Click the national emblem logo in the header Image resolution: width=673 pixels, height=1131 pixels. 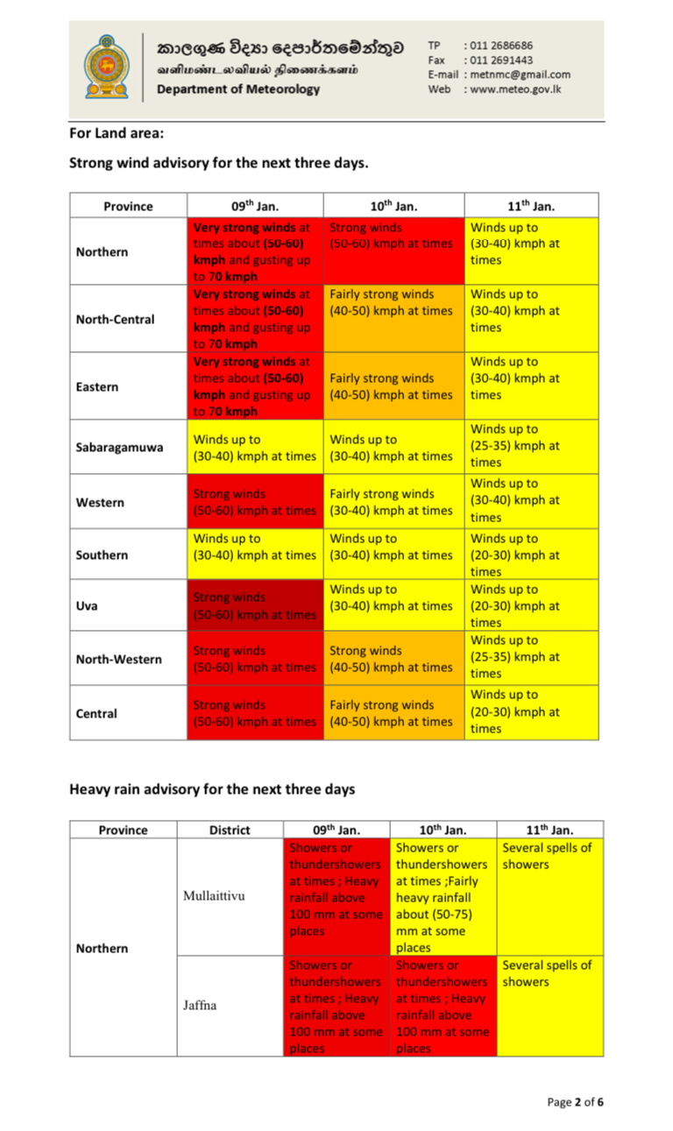pos(106,67)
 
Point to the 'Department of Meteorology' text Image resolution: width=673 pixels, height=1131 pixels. pos(238,88)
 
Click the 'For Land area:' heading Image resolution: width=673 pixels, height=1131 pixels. pos(117,133)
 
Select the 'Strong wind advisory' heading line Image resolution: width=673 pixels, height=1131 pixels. pos(218,163)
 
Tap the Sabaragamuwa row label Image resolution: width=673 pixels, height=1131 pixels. pos(119,447)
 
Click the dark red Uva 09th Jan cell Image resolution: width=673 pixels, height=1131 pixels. pos(254,605)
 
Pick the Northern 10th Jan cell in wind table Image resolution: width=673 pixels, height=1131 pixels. pos(393,251)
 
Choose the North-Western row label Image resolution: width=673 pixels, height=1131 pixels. pos(118,659)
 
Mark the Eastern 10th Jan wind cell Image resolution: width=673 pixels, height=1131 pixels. pos(393,386)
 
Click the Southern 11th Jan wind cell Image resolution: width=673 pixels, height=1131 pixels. pos(531,555)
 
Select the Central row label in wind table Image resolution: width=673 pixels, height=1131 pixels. pos(96,713)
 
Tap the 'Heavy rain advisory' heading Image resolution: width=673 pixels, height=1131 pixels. pos(212,788)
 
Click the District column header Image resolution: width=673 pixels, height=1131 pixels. pos(230,830)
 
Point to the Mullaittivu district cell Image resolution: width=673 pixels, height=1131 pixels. pos(214,896)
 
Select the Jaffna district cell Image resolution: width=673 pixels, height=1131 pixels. pos(201,1005)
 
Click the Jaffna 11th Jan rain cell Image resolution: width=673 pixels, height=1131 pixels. pos(549,1006)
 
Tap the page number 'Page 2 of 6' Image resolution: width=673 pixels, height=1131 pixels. pos(575,1101)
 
